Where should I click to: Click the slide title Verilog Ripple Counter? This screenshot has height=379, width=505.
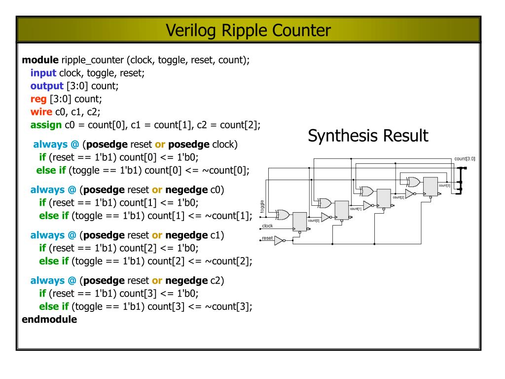click(248, 31)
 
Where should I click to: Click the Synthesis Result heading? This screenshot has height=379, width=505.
click(368, 136)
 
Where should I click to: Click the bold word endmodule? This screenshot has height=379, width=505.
click(49, 319)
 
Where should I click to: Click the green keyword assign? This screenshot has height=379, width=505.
click(46, 124)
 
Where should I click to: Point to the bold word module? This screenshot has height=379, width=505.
click(40, 60)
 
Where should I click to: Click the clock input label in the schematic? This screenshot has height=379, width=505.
click(267, 226)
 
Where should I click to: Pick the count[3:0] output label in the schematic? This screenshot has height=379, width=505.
click(465, 158)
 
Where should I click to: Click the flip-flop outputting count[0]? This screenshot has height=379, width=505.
click(299, 222)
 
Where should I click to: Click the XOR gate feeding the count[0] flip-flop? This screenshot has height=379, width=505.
click(283, 214)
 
